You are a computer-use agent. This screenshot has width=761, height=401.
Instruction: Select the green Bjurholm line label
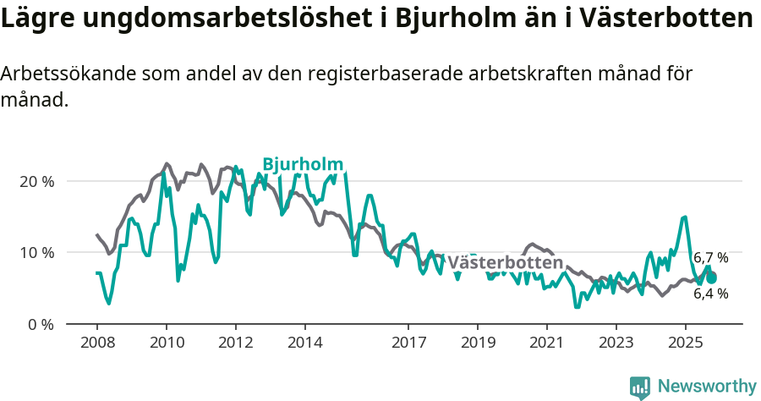tap(303, 164)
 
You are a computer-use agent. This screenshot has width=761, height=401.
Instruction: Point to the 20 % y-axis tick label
tap(36, 181)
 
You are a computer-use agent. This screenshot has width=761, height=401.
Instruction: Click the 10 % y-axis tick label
tap(36, 252)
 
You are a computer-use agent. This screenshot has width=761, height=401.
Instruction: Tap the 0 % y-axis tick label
tap(41, 324)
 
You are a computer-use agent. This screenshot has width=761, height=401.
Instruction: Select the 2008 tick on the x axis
tap(96, 343)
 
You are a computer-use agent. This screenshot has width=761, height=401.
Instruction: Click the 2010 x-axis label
tap(166, 343)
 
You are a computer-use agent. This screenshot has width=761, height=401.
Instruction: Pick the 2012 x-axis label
tap(235, 343)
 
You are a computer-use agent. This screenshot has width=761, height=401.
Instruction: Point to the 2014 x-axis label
tap(304, 343)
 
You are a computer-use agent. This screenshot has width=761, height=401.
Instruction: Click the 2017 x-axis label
tap(408, 343)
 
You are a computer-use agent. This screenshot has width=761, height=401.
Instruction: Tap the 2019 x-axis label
tap(478, 343)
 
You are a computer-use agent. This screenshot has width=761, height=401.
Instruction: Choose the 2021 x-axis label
tap(547, 343)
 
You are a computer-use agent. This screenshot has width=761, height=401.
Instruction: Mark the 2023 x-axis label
tap(616, 343)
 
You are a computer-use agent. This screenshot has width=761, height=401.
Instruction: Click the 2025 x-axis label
tap(685, 343)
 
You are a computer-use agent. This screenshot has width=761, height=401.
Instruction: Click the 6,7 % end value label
tap(710, 258)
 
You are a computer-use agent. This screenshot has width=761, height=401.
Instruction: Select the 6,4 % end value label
tap(710, 294)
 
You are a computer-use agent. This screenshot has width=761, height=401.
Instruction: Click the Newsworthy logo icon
tap(640, 387)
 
